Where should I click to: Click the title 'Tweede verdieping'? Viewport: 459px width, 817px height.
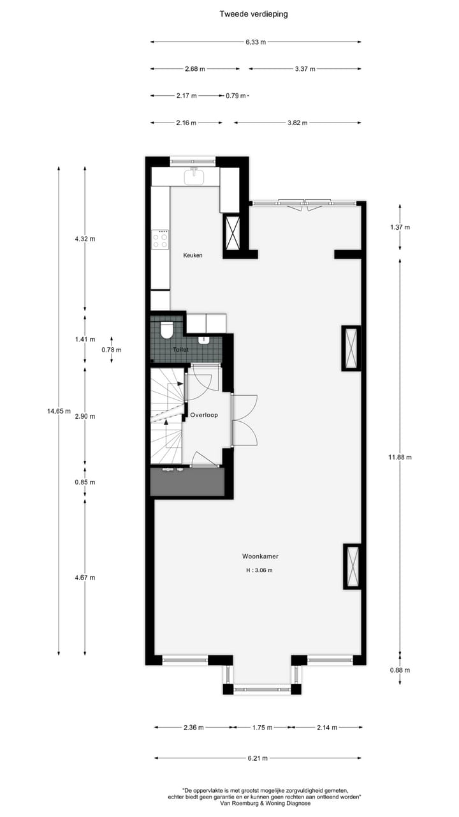point(253,13)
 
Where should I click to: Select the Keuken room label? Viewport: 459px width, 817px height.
point(193,255)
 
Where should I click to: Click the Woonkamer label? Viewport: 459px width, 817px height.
point(259,556)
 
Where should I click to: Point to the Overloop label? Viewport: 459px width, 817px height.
point(204,415)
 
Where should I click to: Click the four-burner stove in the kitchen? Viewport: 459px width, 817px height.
point(161,239)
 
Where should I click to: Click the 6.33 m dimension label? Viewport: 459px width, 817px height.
point(255,42)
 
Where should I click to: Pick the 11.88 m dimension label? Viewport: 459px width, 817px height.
point(400,457)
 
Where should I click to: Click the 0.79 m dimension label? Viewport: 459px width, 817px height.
point(235,96)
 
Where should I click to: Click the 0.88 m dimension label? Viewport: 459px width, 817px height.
point(400,670)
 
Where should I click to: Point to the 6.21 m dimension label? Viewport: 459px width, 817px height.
point(257,758)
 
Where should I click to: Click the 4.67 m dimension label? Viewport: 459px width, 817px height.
point(85,578)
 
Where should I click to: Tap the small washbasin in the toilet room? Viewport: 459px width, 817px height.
point(204,340)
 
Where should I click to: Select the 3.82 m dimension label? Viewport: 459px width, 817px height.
point(297,123)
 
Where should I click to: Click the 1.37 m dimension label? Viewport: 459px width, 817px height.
point(400,227)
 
